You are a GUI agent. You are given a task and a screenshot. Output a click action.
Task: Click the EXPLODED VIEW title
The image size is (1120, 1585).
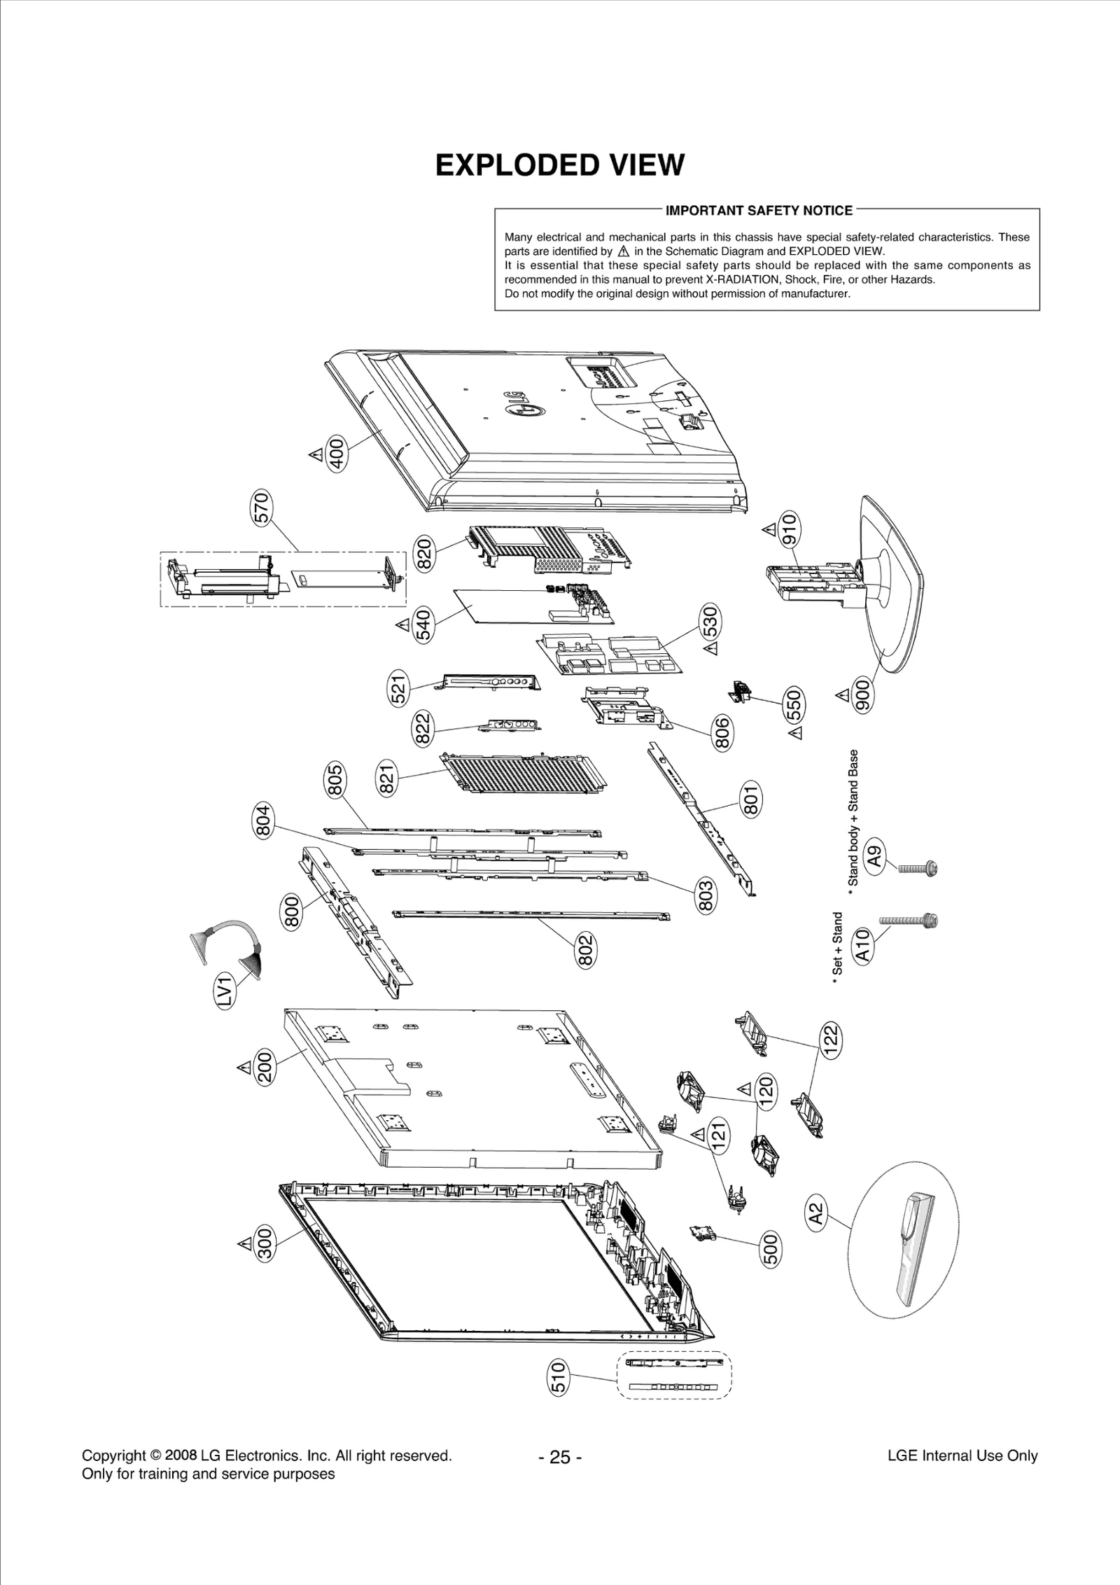coord(559,165)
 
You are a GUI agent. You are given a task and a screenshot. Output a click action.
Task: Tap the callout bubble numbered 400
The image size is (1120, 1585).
coord(337,454)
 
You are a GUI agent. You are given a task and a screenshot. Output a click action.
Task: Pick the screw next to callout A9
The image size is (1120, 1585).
coord(918,869)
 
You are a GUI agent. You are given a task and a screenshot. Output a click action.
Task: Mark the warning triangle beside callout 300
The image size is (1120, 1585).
coord(244,1243)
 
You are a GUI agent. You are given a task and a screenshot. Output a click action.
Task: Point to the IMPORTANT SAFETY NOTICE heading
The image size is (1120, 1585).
coord(759,211)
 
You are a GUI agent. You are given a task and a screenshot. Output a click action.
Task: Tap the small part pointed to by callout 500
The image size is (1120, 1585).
coord(700,1234)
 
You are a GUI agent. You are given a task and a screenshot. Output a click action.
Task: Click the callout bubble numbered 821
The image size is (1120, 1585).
coord(387,779)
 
